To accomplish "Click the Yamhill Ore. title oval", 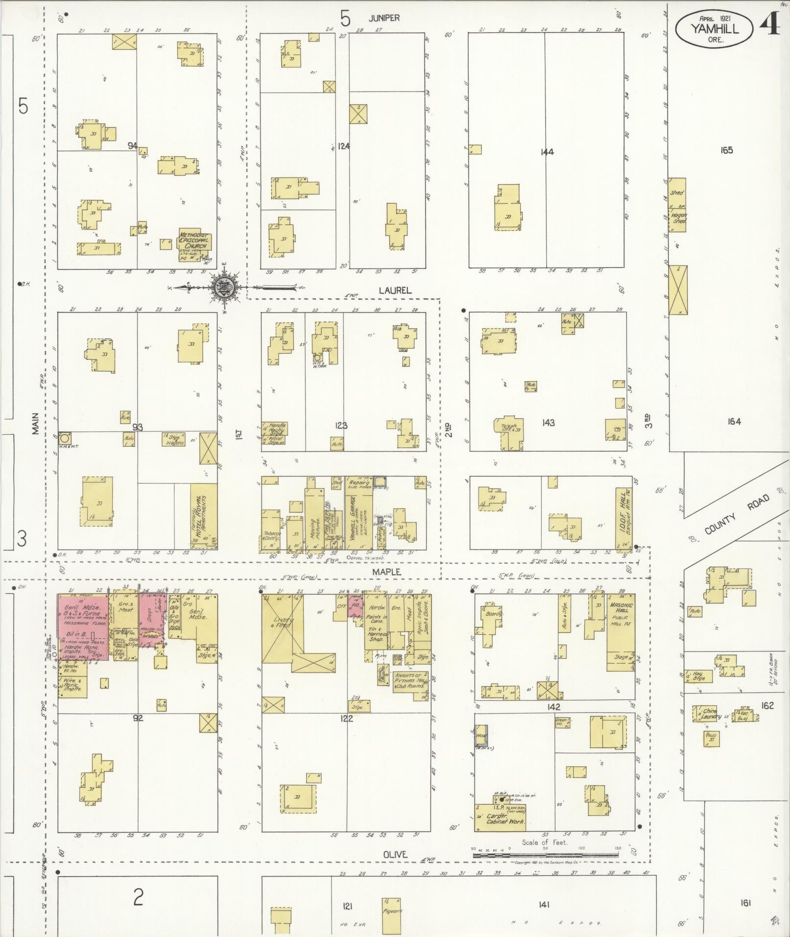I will (715, 30).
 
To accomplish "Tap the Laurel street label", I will (394, 290).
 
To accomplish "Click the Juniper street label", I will (384, 18).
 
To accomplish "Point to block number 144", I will (547, 152).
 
